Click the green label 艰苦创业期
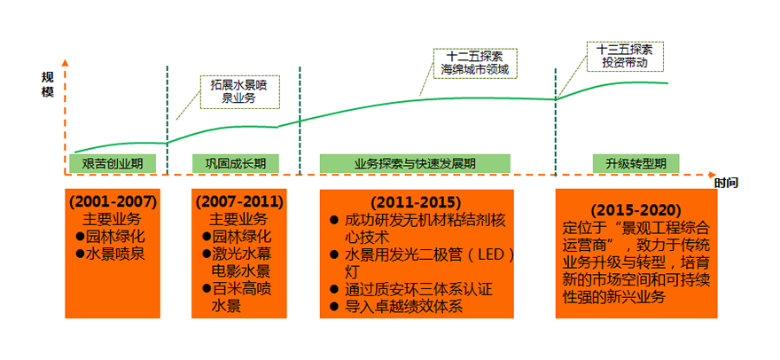[113, 164]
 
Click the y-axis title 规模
[47, 85]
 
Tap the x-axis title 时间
[726, 183]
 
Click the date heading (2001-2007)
[113, 201]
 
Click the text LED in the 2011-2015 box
[490, 254]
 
